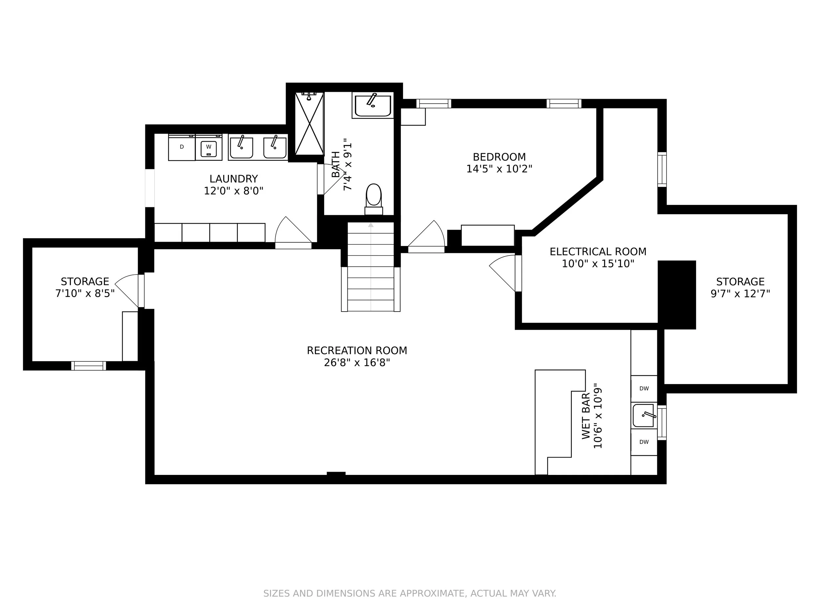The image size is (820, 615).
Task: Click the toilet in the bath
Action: pyautogui.click(x=374, y=199)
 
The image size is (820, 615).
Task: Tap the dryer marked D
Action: pyautogui.click(x=182, y=147)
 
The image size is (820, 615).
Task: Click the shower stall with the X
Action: pyautogui.click(x=310, y=123)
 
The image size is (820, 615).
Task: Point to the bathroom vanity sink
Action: pyautogui.click(x=373, y=105)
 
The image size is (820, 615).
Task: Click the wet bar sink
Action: pyautogui.click(x=644, y=416)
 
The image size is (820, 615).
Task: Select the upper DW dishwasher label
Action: pyautogui.click(x=644, y=388)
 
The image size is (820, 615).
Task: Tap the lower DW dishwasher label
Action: pyautogui.click(x=644, y=442)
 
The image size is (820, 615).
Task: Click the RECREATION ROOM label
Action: pyautogui.click(x=357, y=351)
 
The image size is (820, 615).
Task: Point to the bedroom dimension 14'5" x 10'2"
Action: pyautogui.click(x=499, y=169)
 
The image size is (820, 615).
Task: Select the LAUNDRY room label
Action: pyautogui.click(x=234, y=179)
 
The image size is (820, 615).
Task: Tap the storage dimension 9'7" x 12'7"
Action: pyautogui.click(x=740, y=294)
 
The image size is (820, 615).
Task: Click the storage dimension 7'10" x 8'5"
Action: pyautogui.click(x=85, y=294)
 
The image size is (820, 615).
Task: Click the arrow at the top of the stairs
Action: pyautogui.click(x=371, y=225)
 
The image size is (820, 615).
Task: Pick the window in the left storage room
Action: pyautogui.click(x=89, y=366)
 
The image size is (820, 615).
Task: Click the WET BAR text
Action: pyautogui.click(x=586, y=416)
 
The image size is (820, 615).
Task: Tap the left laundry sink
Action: pyautogui.click(x=241, y=147)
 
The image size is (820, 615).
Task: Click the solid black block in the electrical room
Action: pyautogui.click(x=677, y=295)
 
